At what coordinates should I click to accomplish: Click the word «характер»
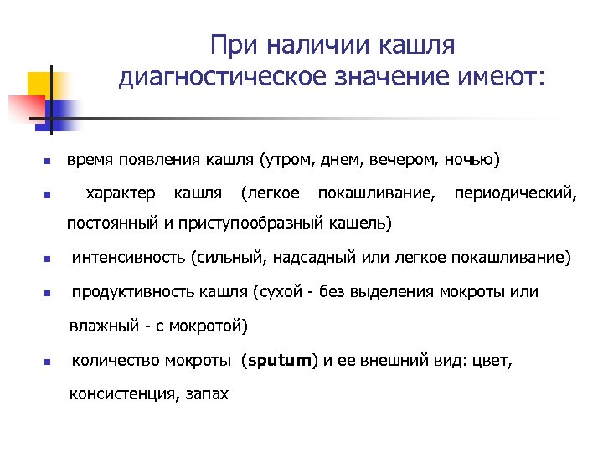(121, 194)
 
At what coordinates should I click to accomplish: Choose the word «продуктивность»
(134, 292)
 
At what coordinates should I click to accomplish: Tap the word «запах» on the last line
(208, 393)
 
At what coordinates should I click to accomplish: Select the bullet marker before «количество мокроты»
(49, 363)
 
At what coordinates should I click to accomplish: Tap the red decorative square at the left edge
(23, 108)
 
